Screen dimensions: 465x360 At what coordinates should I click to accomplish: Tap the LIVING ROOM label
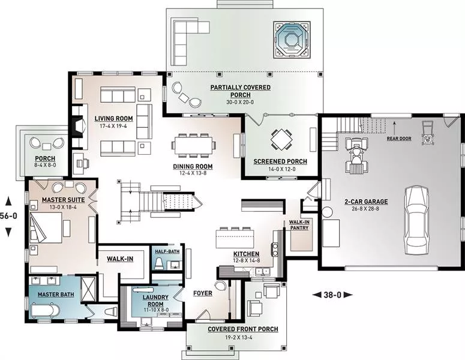[113, 119]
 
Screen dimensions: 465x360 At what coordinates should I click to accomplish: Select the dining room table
[193, 145]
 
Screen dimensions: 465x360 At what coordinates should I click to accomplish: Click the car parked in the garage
[416, 220]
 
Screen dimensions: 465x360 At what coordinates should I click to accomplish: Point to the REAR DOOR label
[399, 139]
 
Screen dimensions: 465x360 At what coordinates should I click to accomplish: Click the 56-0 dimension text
[8, 216]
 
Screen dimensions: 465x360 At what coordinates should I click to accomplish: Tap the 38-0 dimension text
[332, 295]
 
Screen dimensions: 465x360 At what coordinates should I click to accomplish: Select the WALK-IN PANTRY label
[299, 225]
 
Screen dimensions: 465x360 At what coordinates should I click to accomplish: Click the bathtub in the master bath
[45, 310]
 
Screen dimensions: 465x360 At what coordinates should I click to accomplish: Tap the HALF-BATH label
[167, 252]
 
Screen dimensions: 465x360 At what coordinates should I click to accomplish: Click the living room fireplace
[79, 126]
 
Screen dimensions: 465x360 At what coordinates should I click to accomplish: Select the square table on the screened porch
[281, 139]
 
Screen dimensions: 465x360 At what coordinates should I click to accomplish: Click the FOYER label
[203, 293]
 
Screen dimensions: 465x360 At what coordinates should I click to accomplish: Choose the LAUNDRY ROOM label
[155, 301]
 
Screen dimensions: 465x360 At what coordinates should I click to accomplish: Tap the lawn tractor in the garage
[355, 154]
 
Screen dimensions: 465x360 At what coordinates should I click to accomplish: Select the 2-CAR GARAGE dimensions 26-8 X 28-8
[366, 209]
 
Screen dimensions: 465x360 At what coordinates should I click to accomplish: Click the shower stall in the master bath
[88, 289]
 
